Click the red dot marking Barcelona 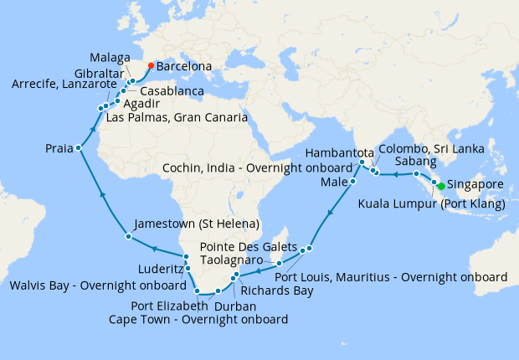click(x=150, y=65)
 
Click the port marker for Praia click(x=78, y=148)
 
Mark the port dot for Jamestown click(x=127, y=237)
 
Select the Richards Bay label click(x=276, y=291)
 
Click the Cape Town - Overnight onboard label click(x=198, y=319)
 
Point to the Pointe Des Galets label click(x=249, y=248)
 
